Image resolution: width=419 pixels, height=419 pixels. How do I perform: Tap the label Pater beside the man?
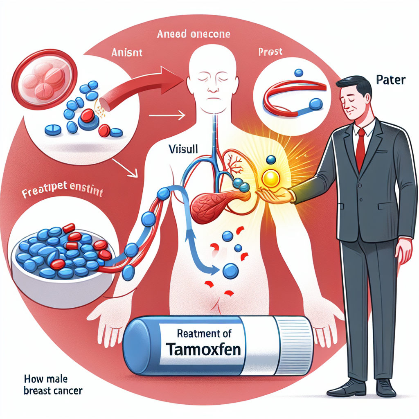click(x=391, y=79)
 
